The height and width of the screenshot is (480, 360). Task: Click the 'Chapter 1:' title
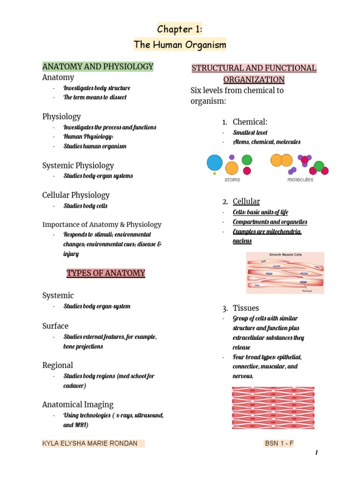click(x=180, y=30)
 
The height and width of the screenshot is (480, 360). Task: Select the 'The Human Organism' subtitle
click(x=180, y=45)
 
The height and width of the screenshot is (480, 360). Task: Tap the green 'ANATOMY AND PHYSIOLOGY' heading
click(x=98, y=67)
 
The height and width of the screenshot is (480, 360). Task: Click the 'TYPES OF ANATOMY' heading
click(x=106, y=273)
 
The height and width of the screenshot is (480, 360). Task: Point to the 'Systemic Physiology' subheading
click(x=78, y=165)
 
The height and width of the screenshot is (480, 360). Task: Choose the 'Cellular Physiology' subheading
click(x=76, y=195)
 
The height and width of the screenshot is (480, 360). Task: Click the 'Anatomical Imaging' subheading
click(x=78, y=405)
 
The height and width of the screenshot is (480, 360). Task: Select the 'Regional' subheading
click(x=58, y=365)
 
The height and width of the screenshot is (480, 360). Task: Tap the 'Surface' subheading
click(x=55, y=326)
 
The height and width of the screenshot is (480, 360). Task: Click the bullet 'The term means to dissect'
click(x=95, y=97)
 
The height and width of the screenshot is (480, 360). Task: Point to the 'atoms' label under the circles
click(x=232, y=180)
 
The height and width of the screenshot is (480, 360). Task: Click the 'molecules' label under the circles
click(x=300, y=180)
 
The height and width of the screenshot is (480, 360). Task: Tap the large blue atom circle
click(x=215, y=163)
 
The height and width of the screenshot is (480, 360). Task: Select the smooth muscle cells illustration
click(x=285, y=273)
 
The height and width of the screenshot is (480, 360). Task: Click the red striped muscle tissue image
click(x=273, y=407)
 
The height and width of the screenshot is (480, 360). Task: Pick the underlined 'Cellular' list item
click(x=246, y=202)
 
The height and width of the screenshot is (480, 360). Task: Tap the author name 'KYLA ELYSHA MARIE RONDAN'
click(x=90, y=443)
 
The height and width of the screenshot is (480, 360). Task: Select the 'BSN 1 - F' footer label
click(x=278, y=443)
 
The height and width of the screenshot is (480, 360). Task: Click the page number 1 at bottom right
click(x=316, y=453)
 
